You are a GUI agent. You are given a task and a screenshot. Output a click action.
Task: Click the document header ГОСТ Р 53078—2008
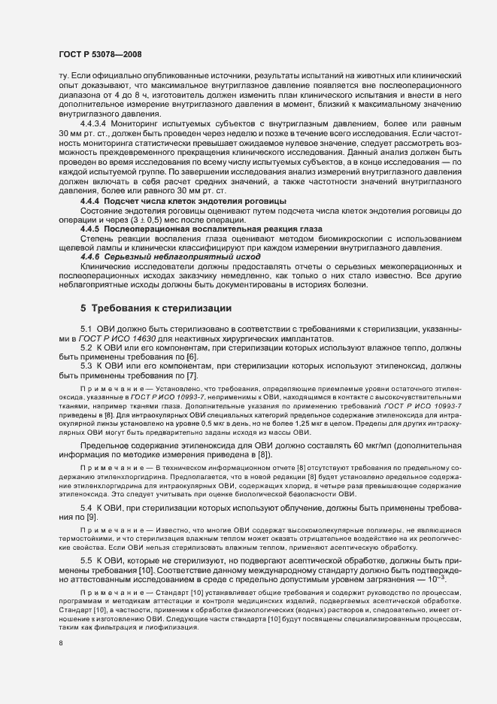click(99, 55)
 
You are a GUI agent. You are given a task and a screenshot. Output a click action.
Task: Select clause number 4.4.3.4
click(93, 122)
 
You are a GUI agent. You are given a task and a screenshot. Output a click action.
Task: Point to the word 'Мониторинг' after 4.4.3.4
click(141, 122)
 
